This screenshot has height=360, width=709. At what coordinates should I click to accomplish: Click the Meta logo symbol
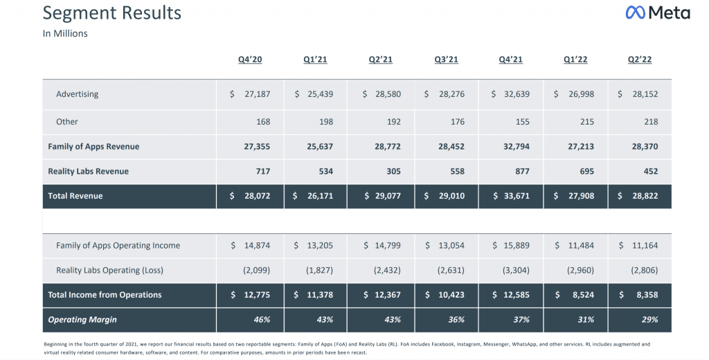pyautogui.click(x=636, y=12)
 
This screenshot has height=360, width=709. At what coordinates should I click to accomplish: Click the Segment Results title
pyautogui.click(x=112, y=13)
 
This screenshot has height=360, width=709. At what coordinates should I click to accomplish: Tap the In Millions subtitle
pyautogui.click(x=65, y=33)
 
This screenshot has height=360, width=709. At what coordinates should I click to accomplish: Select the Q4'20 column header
pyautogui.click(x=250, y=60)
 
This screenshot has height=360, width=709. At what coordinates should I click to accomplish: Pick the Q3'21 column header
pyautogui.click(x=447, y=60)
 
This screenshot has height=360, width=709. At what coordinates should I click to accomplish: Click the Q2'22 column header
pyautogui.click(x=640, y=60)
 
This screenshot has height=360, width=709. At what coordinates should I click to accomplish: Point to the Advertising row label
pyautogui.click(x=78, y=94)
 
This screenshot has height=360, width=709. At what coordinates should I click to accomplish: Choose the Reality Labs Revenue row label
pyautogui.click(x=88, y=172)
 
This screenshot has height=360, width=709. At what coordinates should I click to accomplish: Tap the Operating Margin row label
pyautogui.click(x=82, y=320)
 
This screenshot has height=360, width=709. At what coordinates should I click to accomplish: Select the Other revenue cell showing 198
pyautogui.click(x=325, y=122)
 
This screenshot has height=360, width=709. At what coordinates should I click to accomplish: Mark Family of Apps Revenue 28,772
pyautogui.click(x=388, y=147)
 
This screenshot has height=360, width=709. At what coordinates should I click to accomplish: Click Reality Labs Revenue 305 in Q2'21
pyautogui.click(x=393, y=172)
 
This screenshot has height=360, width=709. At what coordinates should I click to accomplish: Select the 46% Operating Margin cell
pyautogui.click(x=262, y=320)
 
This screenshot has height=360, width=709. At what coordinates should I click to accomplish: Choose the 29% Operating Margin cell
pyautogui.click(x=649, y=320)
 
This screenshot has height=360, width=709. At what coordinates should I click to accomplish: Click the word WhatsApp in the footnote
pyautogui.click(x=523, y=344)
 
